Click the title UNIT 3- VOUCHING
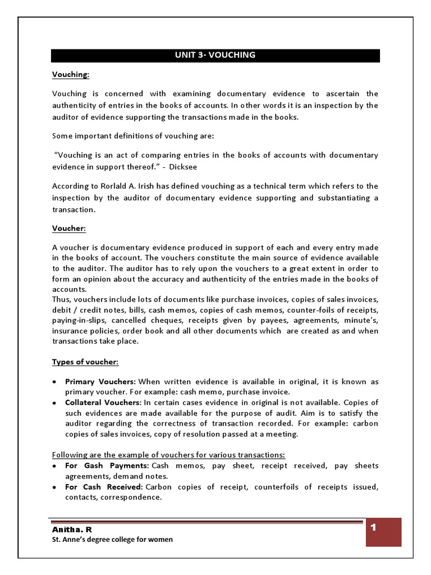click(215, 55)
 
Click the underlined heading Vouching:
click(71, 74)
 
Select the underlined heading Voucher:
click(70, 229)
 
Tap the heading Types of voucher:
click(85, 362)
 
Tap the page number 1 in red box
click(373, 528)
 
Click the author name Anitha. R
click(71, 530)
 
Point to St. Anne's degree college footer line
click(112, 540)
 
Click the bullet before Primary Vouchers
click(54, 382)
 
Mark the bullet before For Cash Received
click(54, 487)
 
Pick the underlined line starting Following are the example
click(168, 454)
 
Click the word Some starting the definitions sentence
click(62, 136)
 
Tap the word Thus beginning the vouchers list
click(61, 300)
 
